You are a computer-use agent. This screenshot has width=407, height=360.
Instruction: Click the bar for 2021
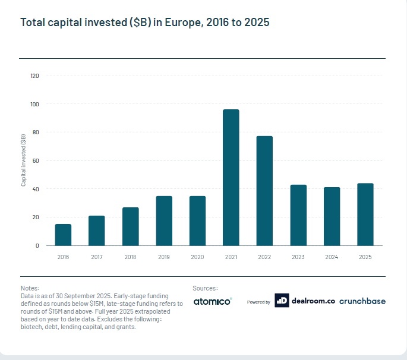click(x=231, y=178)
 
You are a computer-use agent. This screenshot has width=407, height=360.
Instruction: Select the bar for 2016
click(x=63, y=235)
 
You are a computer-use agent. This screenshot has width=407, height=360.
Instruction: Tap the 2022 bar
click(x=264, y=191)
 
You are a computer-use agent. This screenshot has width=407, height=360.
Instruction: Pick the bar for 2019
click(x=164, y=220)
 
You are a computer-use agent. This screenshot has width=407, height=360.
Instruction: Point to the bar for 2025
click(x=365, y=214)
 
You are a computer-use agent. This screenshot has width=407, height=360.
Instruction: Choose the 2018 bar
click(x=131, y=226)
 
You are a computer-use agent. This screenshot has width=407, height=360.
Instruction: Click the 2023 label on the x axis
click(x=298, y=257)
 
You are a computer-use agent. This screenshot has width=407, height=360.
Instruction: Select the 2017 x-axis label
click(x=97, y=257)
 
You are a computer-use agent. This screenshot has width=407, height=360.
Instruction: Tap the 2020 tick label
click(x=197, y=257)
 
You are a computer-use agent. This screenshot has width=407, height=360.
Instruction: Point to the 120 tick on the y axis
click(x=34, y=76)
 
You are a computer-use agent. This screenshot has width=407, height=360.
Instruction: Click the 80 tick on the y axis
click(x=36, y=132)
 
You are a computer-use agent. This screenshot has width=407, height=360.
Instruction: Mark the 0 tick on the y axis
click(x=37, y=245)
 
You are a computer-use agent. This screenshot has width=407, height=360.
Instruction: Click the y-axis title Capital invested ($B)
click(x=23, y=160)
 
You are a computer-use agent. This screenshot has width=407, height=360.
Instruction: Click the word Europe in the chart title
click(x=183, y=23)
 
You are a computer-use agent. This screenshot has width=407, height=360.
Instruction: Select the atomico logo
click(x=212, y=301)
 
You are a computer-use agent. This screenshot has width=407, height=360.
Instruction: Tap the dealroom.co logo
click(x=305, y=301)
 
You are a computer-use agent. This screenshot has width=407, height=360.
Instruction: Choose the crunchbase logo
click(x=362, y=301)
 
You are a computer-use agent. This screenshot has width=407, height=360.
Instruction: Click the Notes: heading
click(x=30, y=288)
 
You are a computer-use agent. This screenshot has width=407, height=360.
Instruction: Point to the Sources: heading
click(x=206, y=288)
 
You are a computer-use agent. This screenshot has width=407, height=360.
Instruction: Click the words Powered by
click(x=258, y=302)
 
